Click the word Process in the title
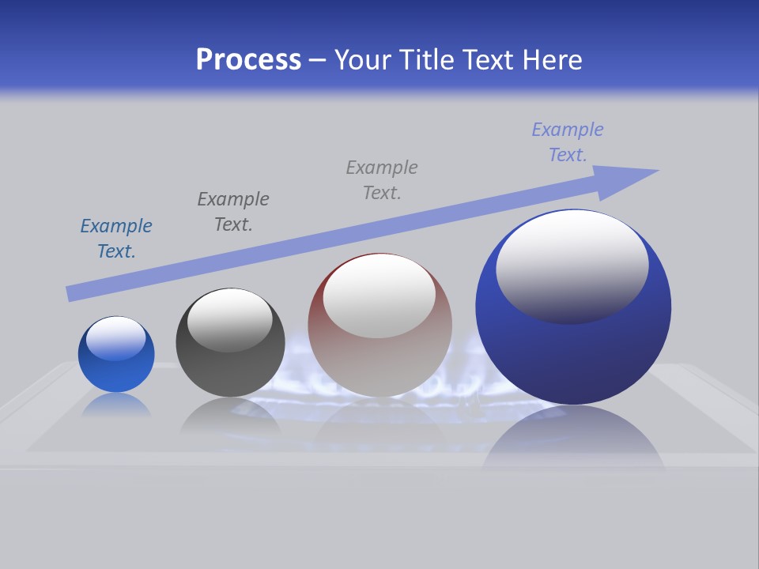[x=248, y=60]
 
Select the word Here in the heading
[x=550, y=60]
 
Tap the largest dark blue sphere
[x=573, y=348]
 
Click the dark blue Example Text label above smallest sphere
[x=116, y=239]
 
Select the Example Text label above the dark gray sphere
[x=233, y=212]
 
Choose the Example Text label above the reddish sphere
[x=382, y=180]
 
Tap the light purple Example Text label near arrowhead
[x=568, y=142]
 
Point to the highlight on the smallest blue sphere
[x=116, y=338]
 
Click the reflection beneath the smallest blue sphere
[x=116, y=405]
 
